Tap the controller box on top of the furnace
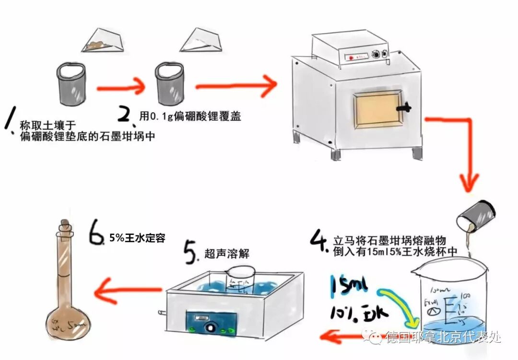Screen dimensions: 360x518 (x=350, y=50)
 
